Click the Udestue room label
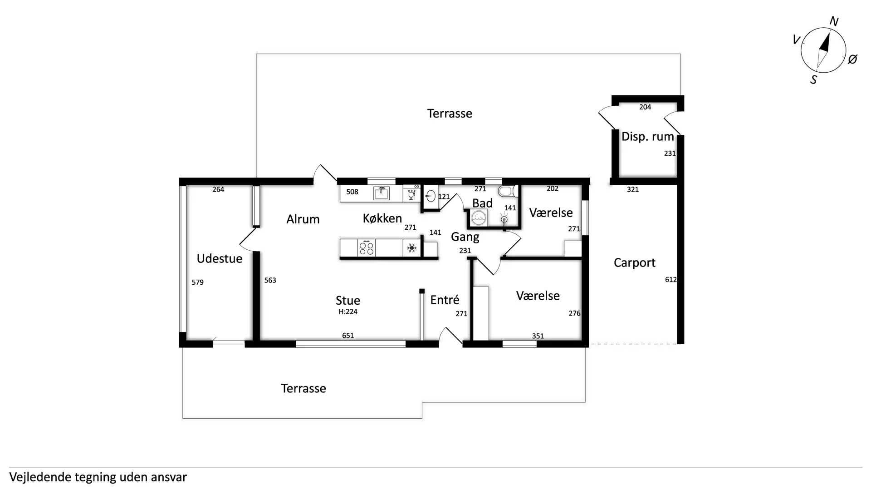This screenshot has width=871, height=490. [220, 258]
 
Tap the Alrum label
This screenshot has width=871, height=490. [303, 219]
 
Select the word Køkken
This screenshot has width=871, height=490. [382, 218]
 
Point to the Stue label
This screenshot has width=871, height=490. [348, 300]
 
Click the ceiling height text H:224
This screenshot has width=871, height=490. [348, 312]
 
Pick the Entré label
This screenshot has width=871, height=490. [445, 299]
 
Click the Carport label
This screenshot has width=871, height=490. [634, 263]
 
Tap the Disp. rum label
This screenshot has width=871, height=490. [647, 137]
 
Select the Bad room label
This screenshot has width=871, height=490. [482, 203]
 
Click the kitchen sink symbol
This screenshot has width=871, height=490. [382, 193]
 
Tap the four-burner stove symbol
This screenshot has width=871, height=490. [367, 248]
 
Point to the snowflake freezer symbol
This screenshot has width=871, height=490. [412, 248]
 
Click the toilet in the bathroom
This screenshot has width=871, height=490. [508, 191]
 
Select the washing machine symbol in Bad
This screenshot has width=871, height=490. [478, 219]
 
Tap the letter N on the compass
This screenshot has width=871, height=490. [834, 21]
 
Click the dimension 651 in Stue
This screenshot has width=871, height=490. [348, 336]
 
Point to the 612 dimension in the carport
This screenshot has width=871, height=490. [671, 280]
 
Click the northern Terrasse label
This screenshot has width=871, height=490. [450, 113]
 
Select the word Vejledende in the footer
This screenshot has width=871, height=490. [40, 477]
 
